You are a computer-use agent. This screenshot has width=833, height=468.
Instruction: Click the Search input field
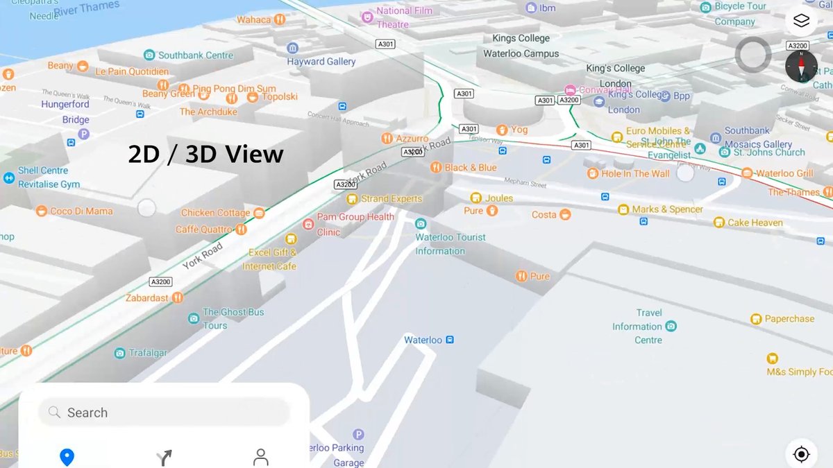[x=164, y=413]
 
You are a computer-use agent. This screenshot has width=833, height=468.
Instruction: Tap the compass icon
[x=801, y=67]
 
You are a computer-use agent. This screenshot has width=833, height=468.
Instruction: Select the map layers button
[x=801, y=21]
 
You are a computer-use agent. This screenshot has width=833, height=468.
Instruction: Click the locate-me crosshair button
[x=801, y=454]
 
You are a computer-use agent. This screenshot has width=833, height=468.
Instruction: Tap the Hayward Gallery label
[x=321, y=62]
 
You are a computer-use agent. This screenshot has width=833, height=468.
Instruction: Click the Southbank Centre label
[x=195, y=55]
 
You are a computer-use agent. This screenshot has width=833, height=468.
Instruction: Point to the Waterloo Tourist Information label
[x=450, y=243]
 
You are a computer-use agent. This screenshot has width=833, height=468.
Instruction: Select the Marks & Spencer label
[x=667, y=209]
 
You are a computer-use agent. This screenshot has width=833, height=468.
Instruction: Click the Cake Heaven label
[x=755, y=223]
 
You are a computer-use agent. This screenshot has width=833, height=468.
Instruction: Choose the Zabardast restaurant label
[x=146, y=298]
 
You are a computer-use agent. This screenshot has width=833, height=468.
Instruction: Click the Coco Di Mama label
[x=81, y=211]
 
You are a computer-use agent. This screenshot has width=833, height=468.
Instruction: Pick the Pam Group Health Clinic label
[x=355, y=224]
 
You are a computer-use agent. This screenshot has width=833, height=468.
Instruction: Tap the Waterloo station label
[x=423, y=340]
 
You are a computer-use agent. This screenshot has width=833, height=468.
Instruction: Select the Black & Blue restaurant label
[x=471, y=167]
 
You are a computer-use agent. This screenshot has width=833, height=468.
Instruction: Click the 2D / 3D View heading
[x=205, y=154]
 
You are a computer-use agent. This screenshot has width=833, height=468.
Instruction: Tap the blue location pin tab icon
[x=67, y=457]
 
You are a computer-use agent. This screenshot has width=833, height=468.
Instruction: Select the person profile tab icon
[x=261, y=457]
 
